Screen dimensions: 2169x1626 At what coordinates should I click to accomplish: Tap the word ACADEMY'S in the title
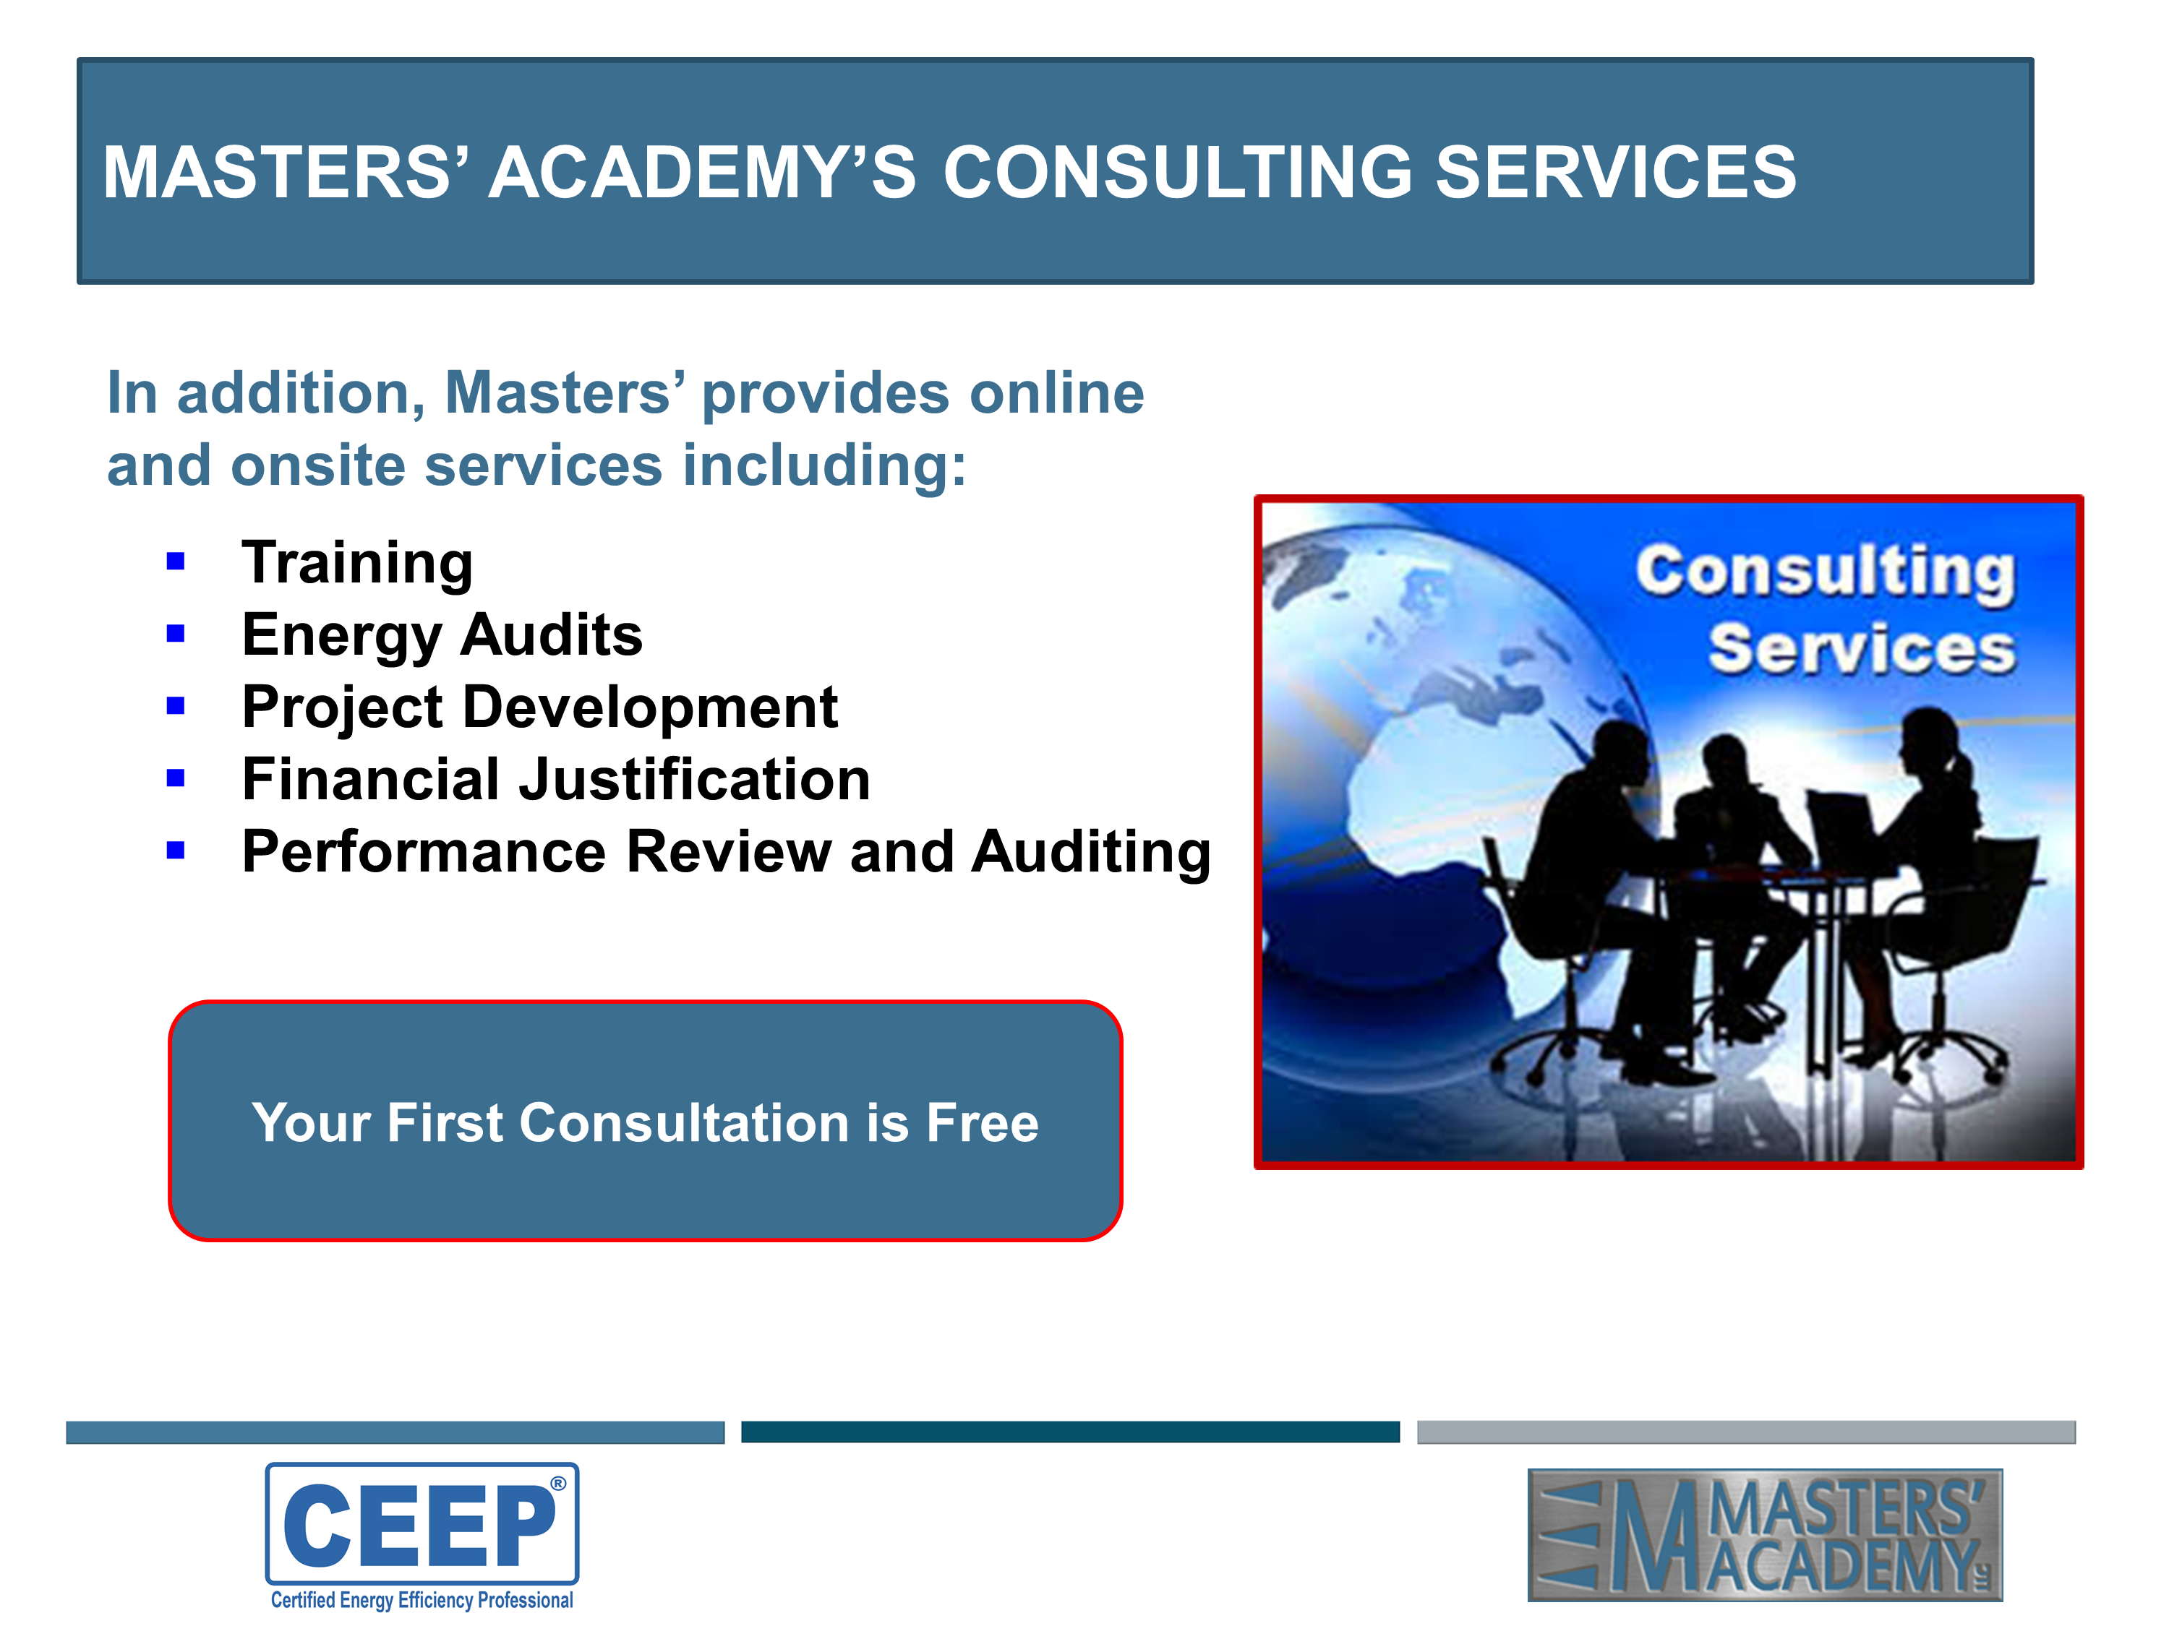tap(702, 173)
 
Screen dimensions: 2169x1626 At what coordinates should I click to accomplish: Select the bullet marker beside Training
tap(176, 562)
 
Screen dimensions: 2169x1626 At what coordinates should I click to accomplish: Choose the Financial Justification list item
tap(556, 779)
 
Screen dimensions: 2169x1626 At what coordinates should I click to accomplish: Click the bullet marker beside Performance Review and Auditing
tap(176, 851)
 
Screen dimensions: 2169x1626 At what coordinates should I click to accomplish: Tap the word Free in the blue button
tap(983, 1122)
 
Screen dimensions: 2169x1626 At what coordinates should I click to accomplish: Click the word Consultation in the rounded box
tap(683, 1122)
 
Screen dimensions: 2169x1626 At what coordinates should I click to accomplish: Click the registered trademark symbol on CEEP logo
tap(558, 1484)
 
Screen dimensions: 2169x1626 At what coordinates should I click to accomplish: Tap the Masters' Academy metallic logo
tap(1765, 1535)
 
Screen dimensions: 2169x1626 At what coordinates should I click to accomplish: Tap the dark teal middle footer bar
tap(1070, 1432)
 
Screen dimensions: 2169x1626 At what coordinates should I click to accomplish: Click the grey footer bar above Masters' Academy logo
tap(1745, 1432)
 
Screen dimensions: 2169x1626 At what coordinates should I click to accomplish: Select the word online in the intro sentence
tap(1056, 393)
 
